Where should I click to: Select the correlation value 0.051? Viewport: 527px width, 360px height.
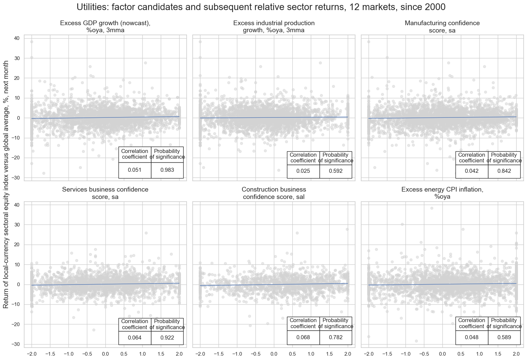[135, 170]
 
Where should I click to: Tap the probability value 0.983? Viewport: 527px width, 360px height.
[167, 170]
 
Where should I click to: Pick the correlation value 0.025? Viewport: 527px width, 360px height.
[303, 171]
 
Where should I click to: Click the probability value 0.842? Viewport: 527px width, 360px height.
[504, 171]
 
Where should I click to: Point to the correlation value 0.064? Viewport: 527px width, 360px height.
[135, 338]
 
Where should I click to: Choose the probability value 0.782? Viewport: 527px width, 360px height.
[336, 338]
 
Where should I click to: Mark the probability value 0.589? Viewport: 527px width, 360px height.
[504, 338]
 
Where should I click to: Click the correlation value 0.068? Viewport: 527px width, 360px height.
[303, 338]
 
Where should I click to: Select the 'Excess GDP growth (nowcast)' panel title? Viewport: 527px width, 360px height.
[105, 27]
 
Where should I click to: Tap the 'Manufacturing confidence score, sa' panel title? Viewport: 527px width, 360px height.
[442, 27]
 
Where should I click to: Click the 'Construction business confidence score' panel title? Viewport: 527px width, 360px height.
[274, 193]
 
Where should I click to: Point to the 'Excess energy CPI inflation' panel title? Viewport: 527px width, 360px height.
[442, 193]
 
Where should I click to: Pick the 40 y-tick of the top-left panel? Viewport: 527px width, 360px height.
[17, 38]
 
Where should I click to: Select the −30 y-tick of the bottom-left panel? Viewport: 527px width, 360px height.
[15, 345]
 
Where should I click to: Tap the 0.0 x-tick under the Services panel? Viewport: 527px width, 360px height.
[105, 354]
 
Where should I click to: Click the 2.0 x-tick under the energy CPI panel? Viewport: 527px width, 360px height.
[516, 354]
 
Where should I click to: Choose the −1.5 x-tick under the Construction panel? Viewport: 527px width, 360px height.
[218, 354]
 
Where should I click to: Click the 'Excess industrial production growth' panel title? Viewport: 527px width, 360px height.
[274, 27]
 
